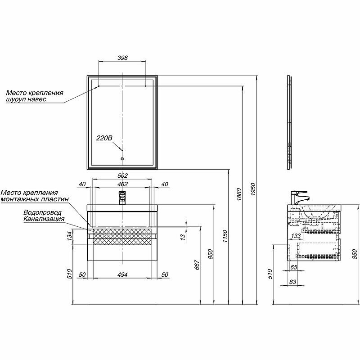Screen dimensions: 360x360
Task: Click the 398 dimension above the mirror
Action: tap(122, 58)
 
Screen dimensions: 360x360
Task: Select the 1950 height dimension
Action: tap(253, 189)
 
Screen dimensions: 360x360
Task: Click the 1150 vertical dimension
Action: tap(225, 234)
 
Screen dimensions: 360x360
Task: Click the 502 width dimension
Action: tap(122, 175)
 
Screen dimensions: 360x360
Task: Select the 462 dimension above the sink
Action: tap(122, 184)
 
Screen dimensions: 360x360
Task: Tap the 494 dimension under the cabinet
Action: tap(122, 274)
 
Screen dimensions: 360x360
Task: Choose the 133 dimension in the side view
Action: tap(296, 236)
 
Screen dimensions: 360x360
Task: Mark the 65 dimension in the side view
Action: tap(294, 268)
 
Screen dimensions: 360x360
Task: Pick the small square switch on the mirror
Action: tap(122, 158)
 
